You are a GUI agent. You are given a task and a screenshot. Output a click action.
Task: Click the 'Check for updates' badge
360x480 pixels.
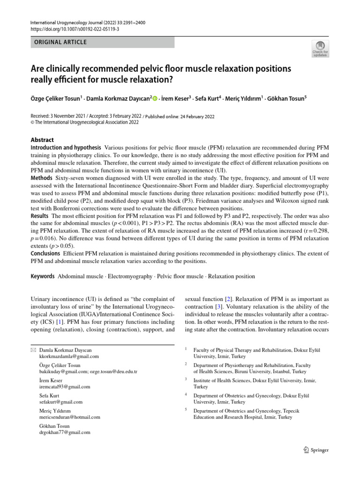click(320, 48)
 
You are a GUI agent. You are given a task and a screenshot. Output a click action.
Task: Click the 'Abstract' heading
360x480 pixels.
click(42, 140)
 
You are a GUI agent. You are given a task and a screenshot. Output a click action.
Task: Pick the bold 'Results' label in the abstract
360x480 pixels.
click(40, 216)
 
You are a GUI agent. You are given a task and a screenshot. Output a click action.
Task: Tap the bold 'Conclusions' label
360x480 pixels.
click(45, 254)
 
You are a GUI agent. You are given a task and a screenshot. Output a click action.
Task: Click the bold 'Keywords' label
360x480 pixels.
click(43, 277)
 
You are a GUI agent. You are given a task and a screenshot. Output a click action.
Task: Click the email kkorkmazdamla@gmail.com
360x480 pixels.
click(69, 356)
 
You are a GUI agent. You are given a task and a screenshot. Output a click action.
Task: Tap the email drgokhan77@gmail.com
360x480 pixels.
click(65, 433)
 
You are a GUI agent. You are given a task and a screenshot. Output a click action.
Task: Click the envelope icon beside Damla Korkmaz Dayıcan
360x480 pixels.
click(32, 350)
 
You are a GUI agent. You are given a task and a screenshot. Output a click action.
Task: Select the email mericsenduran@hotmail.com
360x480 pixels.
click(70, 417)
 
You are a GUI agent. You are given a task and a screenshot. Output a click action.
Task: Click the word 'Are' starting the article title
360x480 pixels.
click(38, 69)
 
